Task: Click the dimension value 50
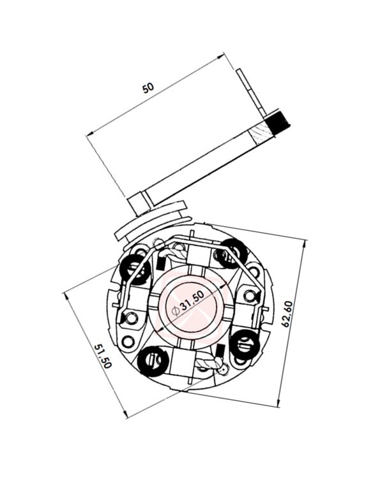pos(148,88)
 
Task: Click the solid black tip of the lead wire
pos(279,119)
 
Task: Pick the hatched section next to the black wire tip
pos(262,133)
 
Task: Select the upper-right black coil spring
pos(231,251)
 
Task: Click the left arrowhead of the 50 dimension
pos(90,134)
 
